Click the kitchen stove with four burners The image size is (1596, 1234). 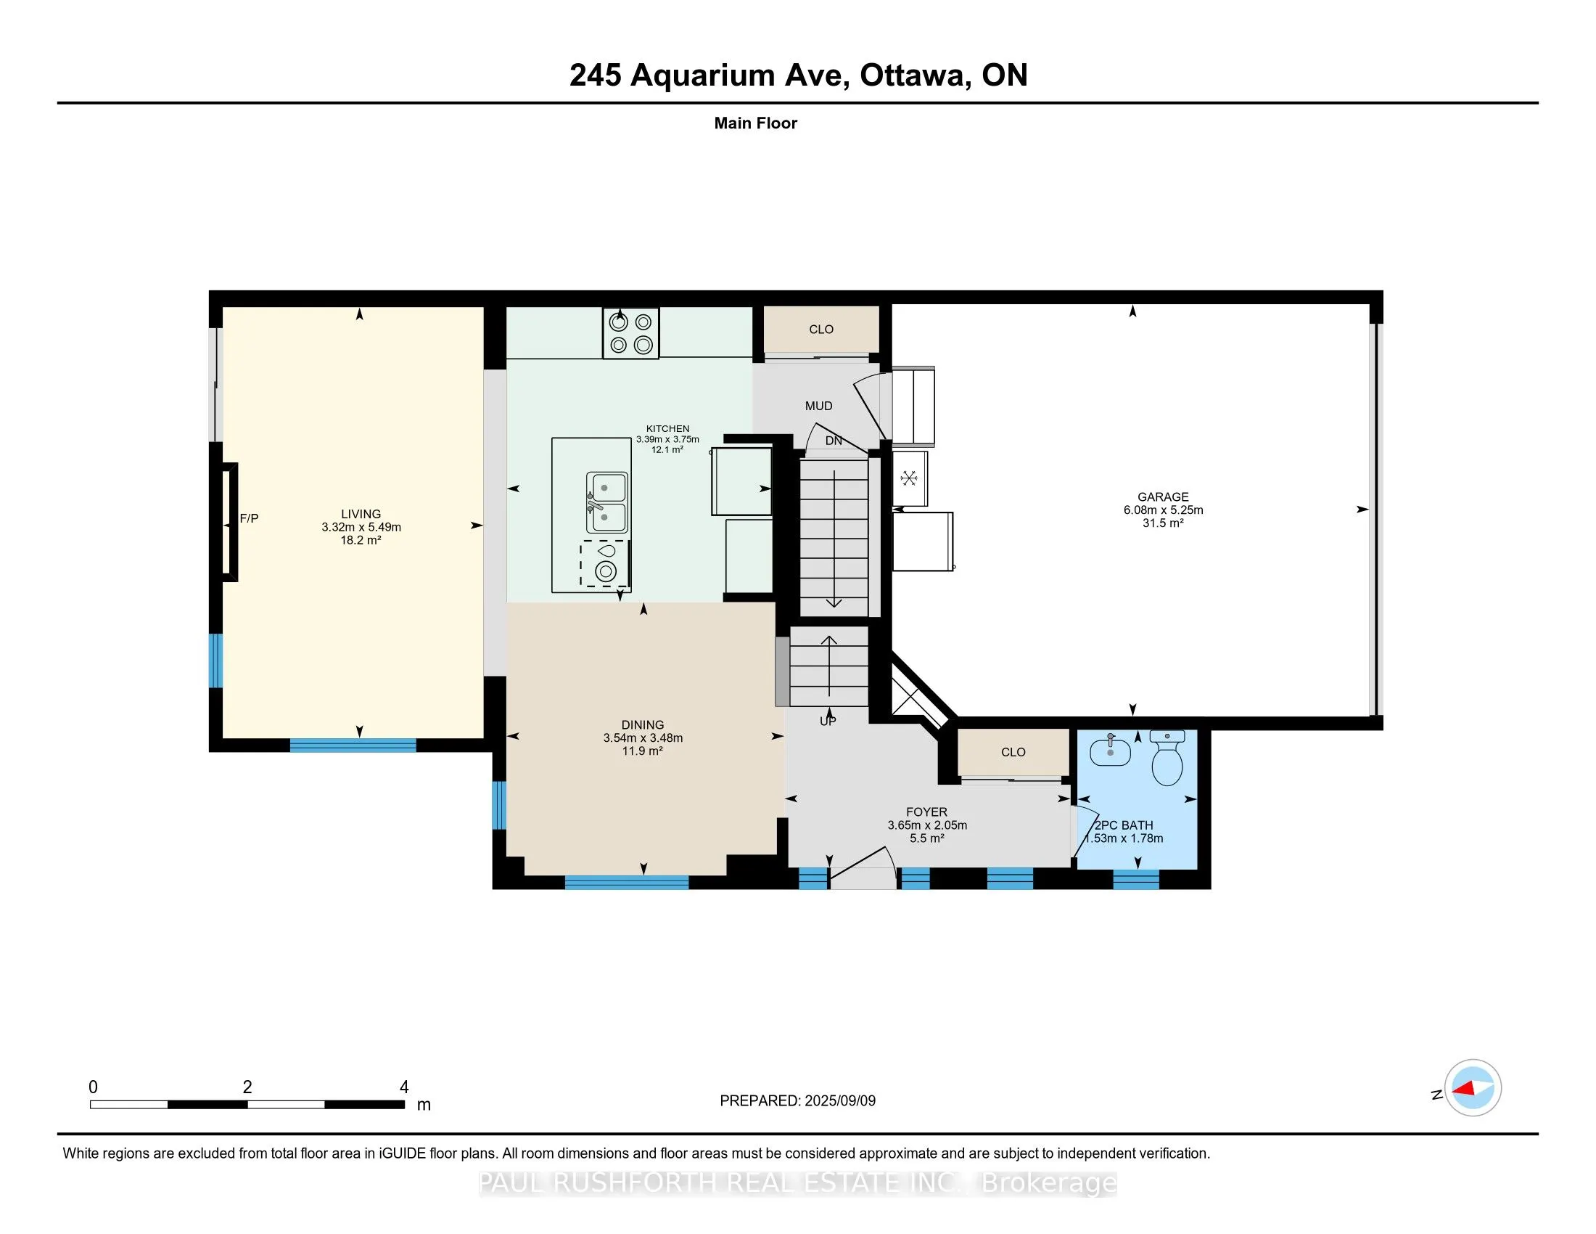[630, 333]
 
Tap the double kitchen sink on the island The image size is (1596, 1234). [606, 502]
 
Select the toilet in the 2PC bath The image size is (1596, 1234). [1167, 757]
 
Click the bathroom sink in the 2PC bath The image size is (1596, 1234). [1110, 749]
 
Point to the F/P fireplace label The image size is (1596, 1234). [249, 518]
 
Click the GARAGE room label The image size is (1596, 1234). [1163, 497]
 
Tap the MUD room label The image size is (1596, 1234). [818, 406]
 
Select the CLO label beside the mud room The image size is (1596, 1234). [821, 329]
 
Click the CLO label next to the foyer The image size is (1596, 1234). [1013, 751]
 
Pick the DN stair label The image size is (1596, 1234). [834, 441]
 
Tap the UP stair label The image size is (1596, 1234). [827, 722]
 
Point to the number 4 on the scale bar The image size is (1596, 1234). [404, 1087]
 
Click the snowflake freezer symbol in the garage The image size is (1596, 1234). [909, 478]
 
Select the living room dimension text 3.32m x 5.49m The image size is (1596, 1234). [361, 527]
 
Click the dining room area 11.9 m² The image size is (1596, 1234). [642, 751]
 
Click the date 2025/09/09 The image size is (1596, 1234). [839, 1101]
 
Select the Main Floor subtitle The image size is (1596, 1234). [756, 123]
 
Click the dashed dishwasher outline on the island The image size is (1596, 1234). [604, 563]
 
